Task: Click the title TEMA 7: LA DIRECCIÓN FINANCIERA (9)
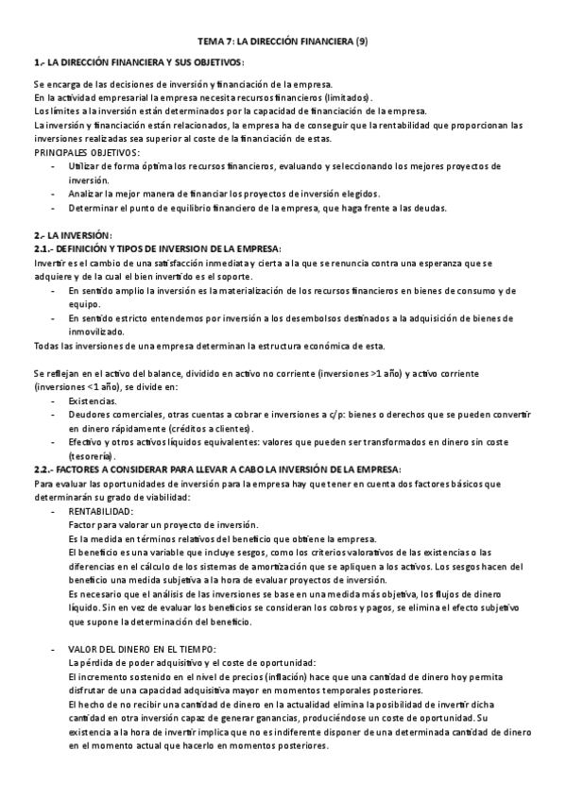point(283,43)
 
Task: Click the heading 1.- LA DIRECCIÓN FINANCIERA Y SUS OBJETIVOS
point(138,62)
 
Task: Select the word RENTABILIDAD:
point(101,511)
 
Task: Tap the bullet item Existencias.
point(94,400)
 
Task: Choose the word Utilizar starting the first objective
point(85,165)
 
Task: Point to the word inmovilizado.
point(97,332)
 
